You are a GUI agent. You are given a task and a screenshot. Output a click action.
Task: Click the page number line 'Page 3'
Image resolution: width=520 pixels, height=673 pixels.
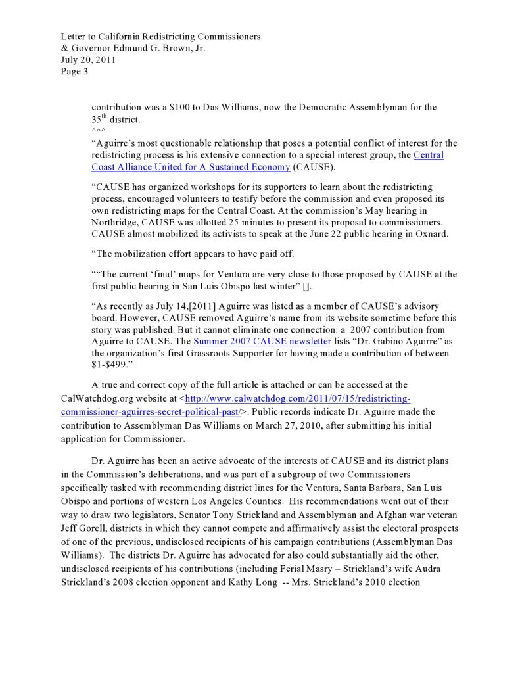74,72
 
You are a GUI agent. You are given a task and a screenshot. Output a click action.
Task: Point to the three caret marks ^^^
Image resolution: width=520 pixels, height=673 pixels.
98,131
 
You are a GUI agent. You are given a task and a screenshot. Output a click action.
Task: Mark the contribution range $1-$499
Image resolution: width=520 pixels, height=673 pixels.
109,365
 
